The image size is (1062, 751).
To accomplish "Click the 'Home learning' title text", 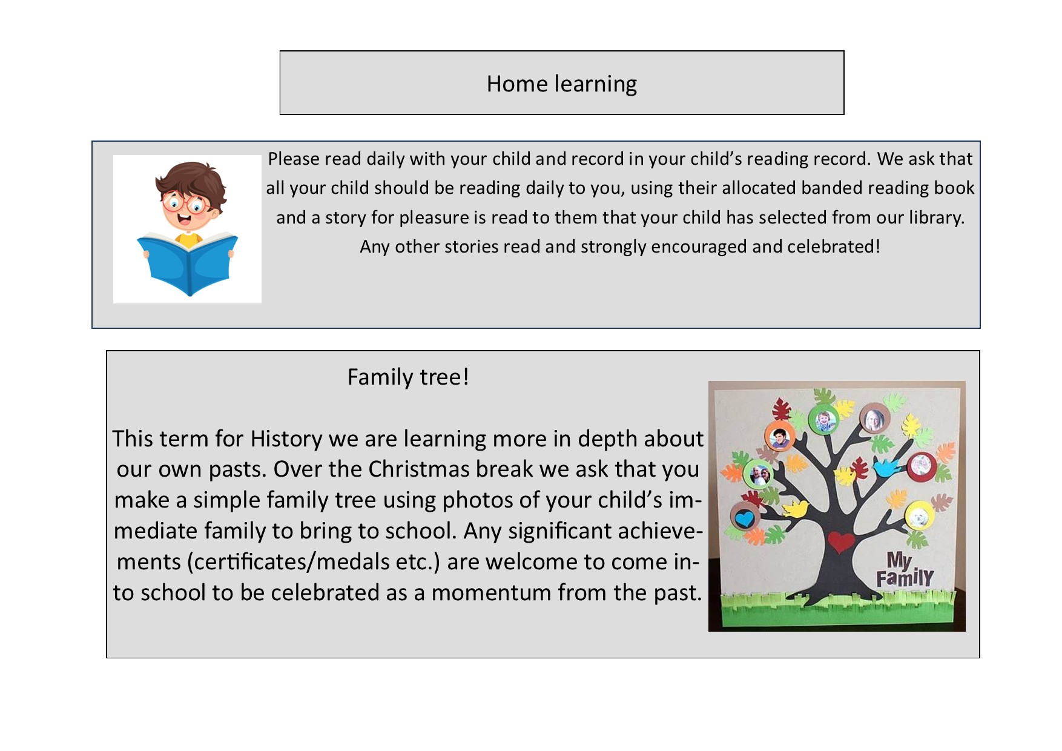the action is [x=561, y=84].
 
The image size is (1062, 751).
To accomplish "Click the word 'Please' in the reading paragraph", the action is [x=294, y=159].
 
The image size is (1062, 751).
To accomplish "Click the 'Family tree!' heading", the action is [x=408, y=377].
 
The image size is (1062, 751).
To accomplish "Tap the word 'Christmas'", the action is [x=419, y=469].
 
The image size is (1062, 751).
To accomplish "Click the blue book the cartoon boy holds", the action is [x=188, y=263].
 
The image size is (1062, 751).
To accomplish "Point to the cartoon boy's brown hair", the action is [x=190, y=179].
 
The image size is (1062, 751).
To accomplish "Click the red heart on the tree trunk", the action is [x=841, y=541].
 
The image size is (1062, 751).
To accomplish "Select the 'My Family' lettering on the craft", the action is [x=905, y=570].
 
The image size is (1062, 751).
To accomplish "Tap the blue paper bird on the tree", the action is [x=885, y=467].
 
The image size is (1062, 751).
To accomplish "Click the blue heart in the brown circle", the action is [x=744, y=518].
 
